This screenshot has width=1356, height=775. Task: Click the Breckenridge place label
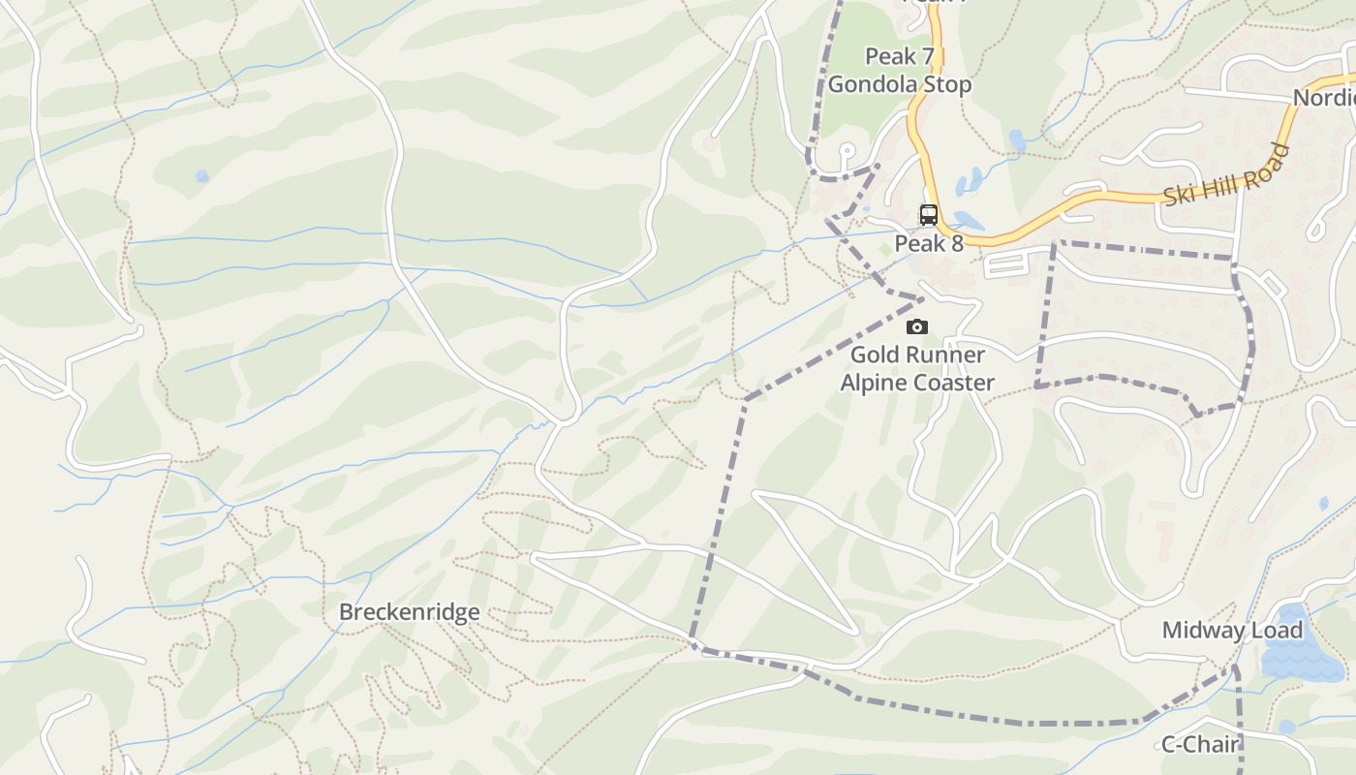click(x=409, y=612)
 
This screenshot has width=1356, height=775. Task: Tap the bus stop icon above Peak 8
click(x=928, y=214)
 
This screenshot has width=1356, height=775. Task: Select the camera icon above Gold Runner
click(x=916, y=327)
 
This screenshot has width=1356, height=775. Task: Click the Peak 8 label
click(x=928, y=243)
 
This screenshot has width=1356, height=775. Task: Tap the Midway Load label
click(x=1232, y=631)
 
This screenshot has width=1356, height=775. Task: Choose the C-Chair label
click(x=1201, y=744)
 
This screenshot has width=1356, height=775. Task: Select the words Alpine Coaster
click(x=916, y=383)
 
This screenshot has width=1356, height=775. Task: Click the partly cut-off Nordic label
click(x=1325, y=98)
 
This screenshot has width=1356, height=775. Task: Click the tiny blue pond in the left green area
click(x=201, y=176)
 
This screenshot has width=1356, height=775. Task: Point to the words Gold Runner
click(x=916, y=355)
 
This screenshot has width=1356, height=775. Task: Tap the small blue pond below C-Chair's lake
click(x=1286, y=727)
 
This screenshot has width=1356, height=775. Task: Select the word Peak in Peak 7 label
click(x=889, y=56)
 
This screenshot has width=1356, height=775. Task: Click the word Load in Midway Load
click(x=1278, y=631)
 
